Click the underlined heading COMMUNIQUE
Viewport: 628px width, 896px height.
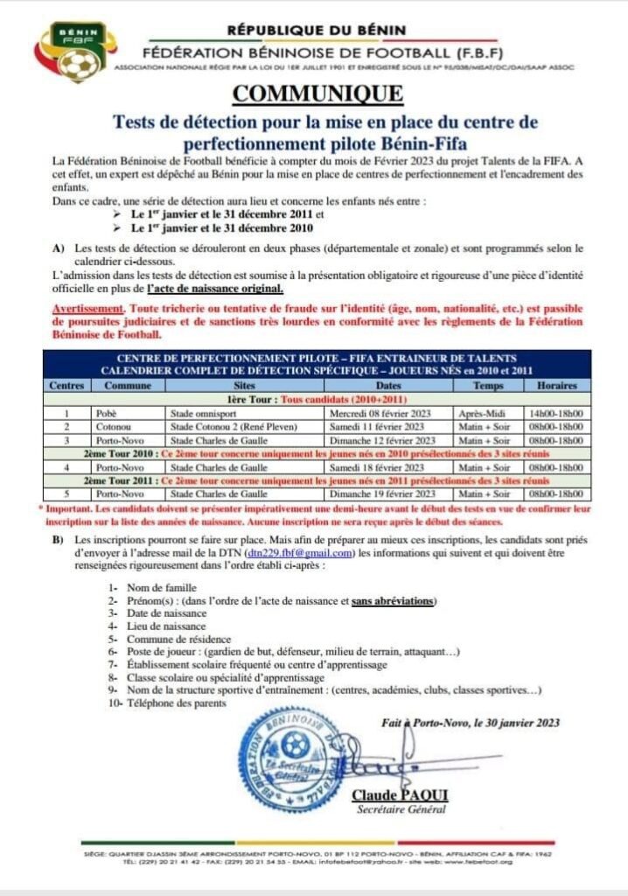click(x=317, y=94)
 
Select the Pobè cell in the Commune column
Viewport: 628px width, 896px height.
click(x=110, y=412)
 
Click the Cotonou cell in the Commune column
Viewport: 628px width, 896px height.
click(x=117, y=426)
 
